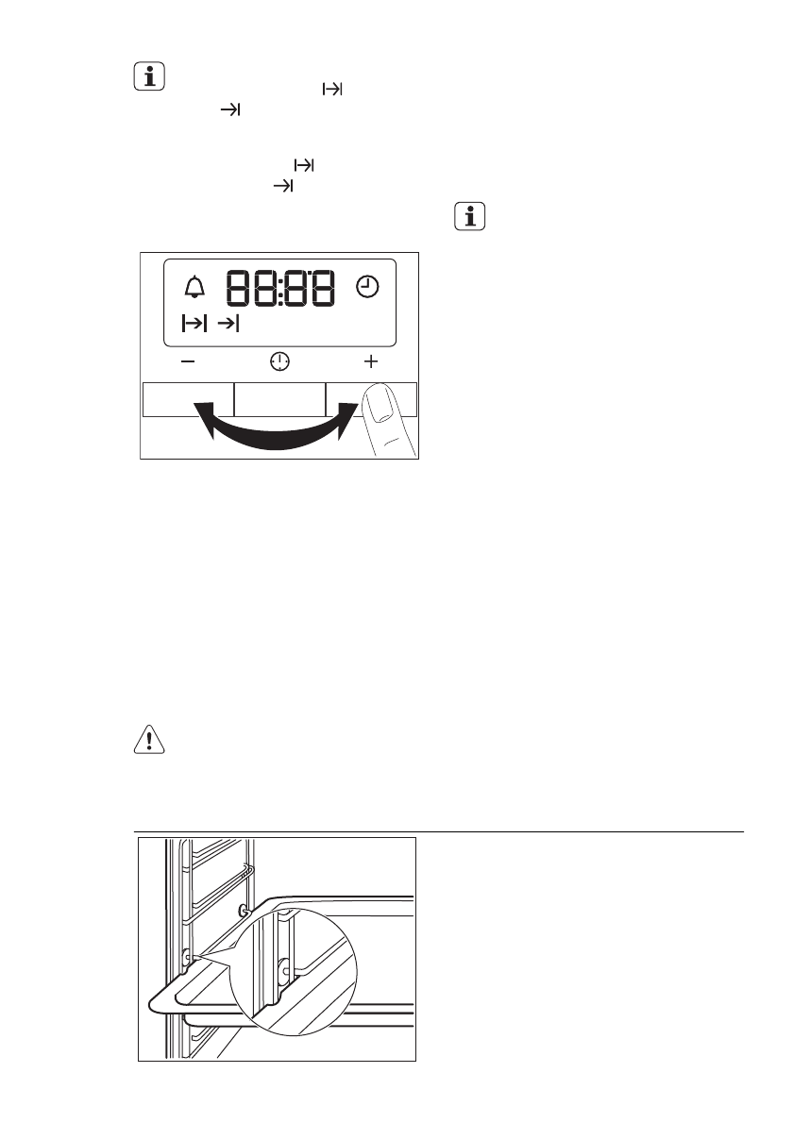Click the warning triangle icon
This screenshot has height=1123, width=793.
149,739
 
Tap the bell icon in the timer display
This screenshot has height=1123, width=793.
194,287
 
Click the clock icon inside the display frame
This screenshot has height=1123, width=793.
367,287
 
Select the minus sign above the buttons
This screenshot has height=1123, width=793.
188,361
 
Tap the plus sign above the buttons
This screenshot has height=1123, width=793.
370,361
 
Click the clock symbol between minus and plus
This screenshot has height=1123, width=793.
279,361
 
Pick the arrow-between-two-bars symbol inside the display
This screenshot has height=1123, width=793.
194,324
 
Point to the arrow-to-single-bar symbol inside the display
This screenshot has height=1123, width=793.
228,324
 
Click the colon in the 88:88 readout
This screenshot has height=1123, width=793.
280,290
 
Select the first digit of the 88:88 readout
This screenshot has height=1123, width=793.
239,289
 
